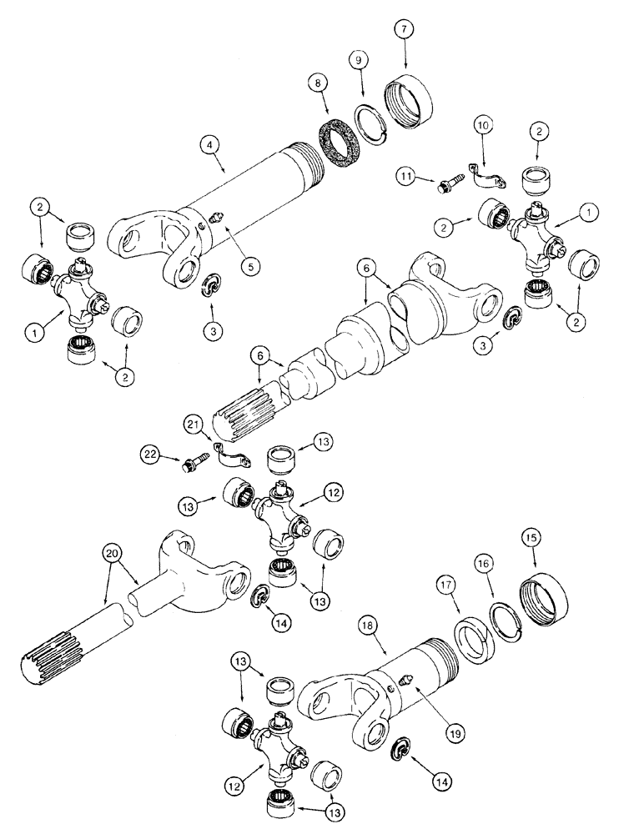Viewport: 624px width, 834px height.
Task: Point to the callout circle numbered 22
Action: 151,455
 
